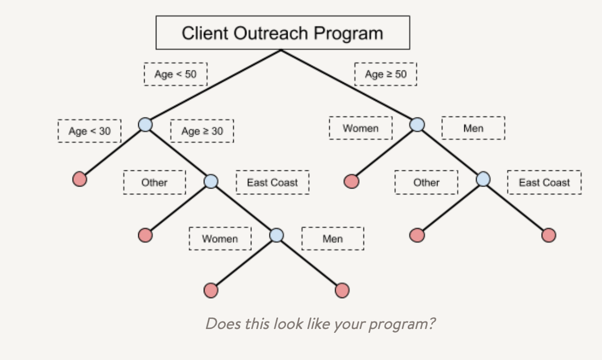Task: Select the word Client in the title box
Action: point(205,33)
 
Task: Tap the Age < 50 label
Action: point(176,74)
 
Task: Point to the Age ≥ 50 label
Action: point(385,74)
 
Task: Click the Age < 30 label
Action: point(90,131)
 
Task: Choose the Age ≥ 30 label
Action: point(202,131)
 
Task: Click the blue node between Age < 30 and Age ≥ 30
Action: point(145,124)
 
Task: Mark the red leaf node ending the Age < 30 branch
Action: point(80,179)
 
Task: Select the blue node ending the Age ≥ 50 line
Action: point(417,124)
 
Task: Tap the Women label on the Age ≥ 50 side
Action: point(361,128)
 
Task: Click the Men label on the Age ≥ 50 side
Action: point(473,128)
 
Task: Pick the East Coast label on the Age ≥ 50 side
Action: point(544,183)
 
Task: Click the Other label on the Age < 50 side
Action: point(154,183)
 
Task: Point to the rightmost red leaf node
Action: point(549,235)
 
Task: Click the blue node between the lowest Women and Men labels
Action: point(276,235)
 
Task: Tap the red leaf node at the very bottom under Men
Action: point(342,291)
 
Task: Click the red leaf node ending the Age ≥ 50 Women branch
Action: point(351,182)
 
